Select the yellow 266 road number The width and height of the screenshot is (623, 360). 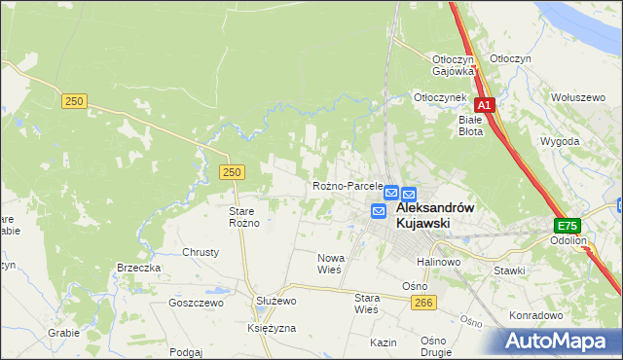[x=421, y=304]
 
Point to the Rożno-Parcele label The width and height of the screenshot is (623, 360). [x=347, y=186]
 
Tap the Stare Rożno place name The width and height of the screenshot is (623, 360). [x=243, y=217]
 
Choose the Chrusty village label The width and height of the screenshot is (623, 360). [x=201, y=252]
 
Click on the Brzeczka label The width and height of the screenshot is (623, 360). [x=138, y=268]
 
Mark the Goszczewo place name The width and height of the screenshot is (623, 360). [x=196, y=304]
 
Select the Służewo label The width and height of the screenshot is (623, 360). [x=275, y=302]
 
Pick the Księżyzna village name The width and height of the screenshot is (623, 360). [x=272, y=329]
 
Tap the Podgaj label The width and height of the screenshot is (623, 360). [x=185, y=352]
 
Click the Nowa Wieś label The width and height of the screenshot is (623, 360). [x=330, y=264]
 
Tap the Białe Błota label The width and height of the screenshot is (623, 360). [x=472, y=126]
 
